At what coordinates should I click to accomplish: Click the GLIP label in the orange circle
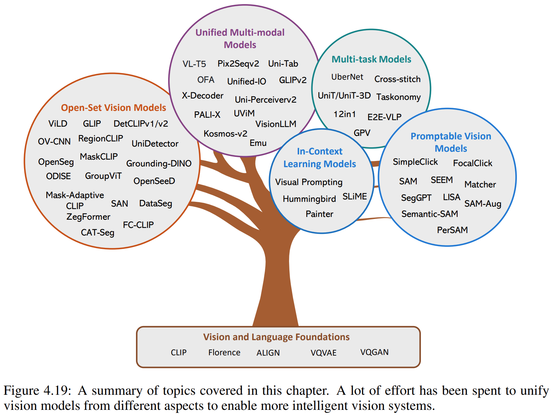[x=92, y=124]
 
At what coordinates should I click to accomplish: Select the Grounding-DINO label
[x=159, y=163]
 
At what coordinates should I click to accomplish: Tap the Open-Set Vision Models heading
[x=113, y=108]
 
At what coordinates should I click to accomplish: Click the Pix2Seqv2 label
[x=238, y=64]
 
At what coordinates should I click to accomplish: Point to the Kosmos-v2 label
[x=225, y=134]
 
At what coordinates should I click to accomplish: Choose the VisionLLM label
[x=276, y=124]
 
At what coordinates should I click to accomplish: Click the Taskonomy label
[x=398, y=97]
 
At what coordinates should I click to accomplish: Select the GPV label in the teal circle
[x=362, y=133]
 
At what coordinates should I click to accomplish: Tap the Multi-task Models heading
[x=371, y=59]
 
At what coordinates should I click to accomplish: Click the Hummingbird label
[x=309, y=199]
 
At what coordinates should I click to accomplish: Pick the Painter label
[x=319, y=214]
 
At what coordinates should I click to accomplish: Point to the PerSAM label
[x=452, y=230]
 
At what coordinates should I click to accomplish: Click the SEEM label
[x=441, y=180]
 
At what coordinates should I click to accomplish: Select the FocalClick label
[x=472, y=163]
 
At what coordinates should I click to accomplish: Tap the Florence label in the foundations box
[x=224, y=353]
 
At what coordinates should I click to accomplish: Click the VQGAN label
[x=374, y=352]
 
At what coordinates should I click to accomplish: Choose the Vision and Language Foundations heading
[x=276, y=337]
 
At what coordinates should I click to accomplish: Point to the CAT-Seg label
[x=97, y=233]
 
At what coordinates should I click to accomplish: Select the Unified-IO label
[x=246, y=82]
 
